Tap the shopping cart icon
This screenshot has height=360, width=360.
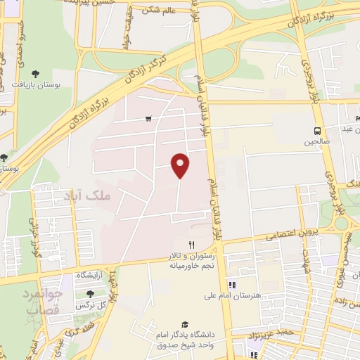[148, 119]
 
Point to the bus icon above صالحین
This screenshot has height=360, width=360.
[317, 130]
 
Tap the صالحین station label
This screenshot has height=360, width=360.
[316, 142]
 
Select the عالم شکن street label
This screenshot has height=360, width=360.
[160, 9]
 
